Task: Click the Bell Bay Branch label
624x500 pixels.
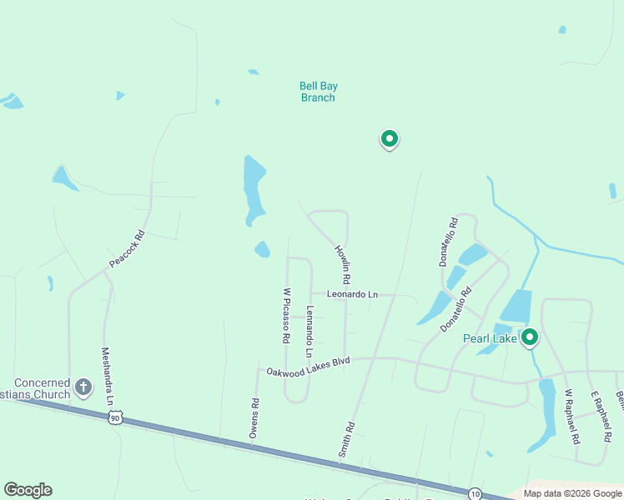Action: point(317,92)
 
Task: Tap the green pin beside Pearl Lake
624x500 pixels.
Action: point(529,337)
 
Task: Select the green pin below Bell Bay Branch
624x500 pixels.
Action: point(389,139)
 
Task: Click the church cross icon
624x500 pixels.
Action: point(83,387)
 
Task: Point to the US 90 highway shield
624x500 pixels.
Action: point(115,417)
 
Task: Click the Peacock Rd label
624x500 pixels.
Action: point(127,249)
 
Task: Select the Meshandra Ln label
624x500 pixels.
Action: point(107,376)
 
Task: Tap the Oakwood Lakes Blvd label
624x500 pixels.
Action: point(307,367)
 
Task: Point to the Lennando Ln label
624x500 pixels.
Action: point(309,327)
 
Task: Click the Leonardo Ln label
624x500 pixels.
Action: point(352,294)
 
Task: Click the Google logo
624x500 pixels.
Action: point(28,490)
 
